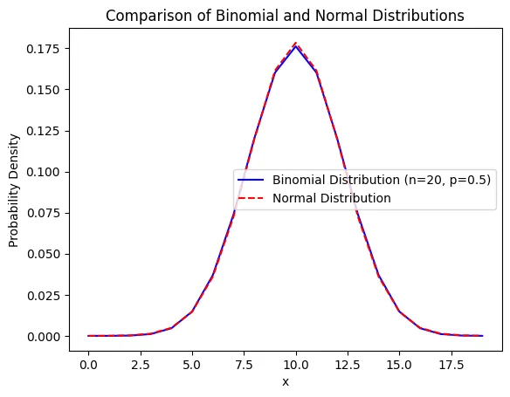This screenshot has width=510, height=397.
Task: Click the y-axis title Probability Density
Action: tap(14, 191)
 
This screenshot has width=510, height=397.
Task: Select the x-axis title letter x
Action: tap(286, 382)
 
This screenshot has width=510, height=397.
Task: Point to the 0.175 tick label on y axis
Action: tap(44, 49)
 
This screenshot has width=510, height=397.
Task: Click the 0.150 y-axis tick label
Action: tap(44, 90)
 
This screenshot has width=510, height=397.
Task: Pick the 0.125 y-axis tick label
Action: tap(44, 131)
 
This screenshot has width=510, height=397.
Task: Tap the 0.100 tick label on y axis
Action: tap(44, 172)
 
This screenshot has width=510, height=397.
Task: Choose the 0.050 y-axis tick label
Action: tap(44, 254)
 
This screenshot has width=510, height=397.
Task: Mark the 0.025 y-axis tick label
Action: tap(44, 295)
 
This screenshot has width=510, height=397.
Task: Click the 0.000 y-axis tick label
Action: tap(44, 337)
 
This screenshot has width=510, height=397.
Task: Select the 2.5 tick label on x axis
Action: tap(141, 365)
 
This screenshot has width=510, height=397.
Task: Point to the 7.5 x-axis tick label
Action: tap(244, 365)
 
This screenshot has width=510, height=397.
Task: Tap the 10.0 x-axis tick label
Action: tap(296, 365)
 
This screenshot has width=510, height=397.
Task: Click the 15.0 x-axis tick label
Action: tap(399, 365)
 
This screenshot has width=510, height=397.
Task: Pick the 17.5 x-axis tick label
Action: tap(451, 365)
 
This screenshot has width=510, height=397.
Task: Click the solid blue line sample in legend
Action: tap(251, 180)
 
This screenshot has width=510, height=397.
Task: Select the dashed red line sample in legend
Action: tap(251, 198)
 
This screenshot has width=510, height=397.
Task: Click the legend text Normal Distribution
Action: tap(332, 198)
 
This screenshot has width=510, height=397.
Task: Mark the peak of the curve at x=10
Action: tap(296, 44)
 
